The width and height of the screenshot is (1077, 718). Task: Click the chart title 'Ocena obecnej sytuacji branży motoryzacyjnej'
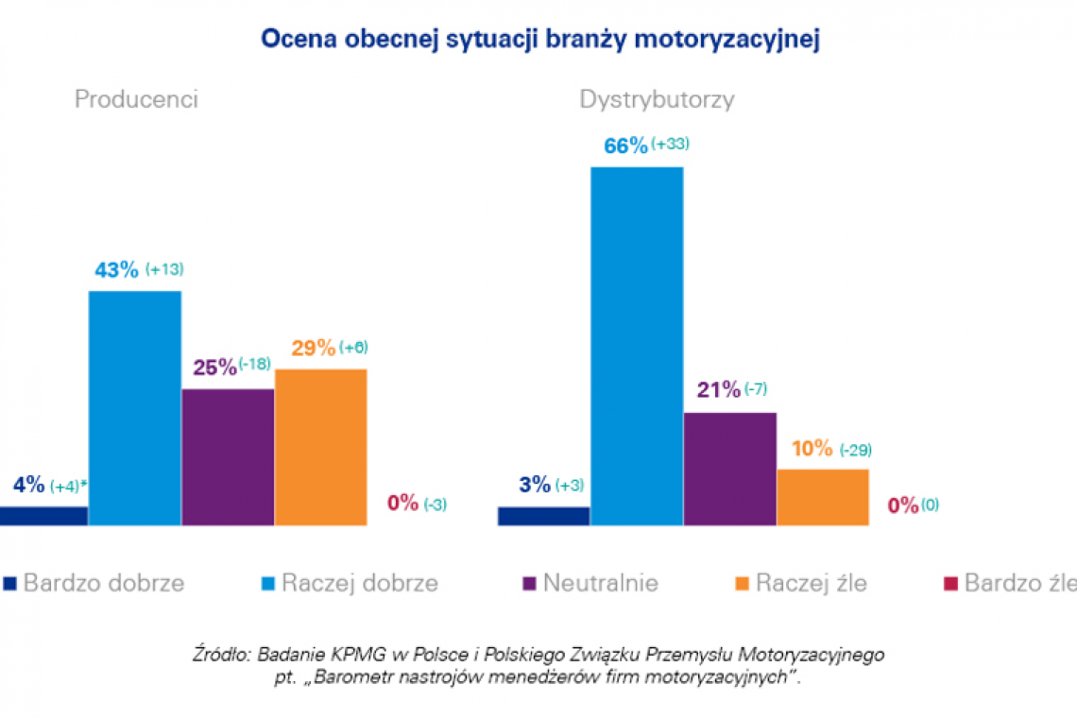[x=538, y=39]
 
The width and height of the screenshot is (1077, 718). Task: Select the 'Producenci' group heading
[x=136, y=100]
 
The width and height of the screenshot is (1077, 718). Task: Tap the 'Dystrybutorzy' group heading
[x=657, y=100]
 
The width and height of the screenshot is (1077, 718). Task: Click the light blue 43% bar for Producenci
[x=135, y=407]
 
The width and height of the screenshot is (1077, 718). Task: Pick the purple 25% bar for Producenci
[x=228, y=456]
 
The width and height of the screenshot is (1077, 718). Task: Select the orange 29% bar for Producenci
[x=320, y=447]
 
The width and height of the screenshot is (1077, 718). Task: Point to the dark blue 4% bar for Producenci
[x=43, y=515]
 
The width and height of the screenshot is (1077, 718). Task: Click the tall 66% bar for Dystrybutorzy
[x=637, y=346]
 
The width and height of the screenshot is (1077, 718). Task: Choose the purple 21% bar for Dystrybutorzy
[x=729, y=469]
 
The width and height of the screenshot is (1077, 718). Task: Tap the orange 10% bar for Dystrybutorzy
[x=822, y=497]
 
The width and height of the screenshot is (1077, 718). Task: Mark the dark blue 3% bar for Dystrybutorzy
[x=543, y=516]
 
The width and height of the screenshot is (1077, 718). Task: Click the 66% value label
[x=625, y=145]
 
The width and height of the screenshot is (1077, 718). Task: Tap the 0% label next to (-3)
[x=402, y=503]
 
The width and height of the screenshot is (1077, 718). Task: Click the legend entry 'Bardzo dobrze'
[x=103, y=583]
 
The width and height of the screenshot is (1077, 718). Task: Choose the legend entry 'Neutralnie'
[x=600, y=583]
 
